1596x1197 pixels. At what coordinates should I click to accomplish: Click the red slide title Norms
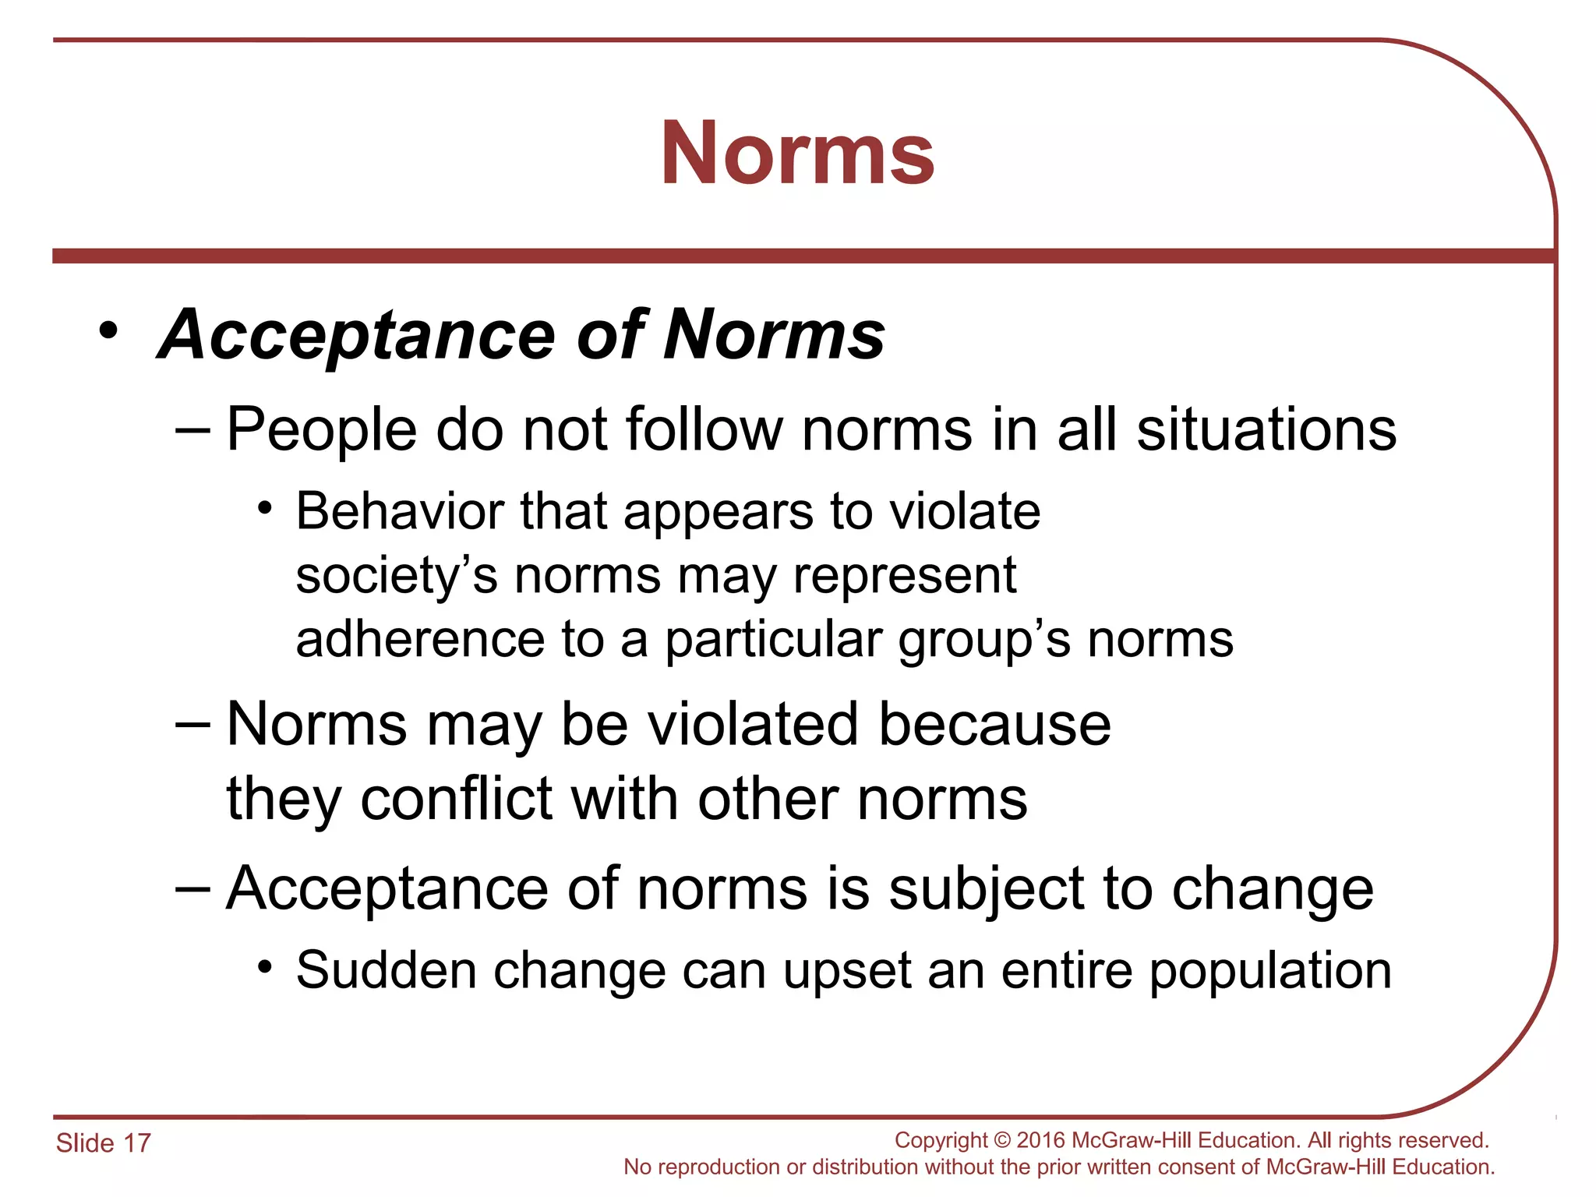[797, 154]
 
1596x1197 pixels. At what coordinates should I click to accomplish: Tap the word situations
[1266, 430]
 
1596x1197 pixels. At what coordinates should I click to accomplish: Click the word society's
[396, 576]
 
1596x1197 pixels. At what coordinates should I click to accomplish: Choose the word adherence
[419, 640]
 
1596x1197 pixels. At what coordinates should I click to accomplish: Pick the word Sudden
[386, 971]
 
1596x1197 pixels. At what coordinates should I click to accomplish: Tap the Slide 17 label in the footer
[103, 1143]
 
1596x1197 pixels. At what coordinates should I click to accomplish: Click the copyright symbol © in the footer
[1002, 1140]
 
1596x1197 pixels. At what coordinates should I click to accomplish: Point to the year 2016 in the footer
[1041, 1140]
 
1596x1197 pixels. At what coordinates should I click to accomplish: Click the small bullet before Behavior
[265, 509]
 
